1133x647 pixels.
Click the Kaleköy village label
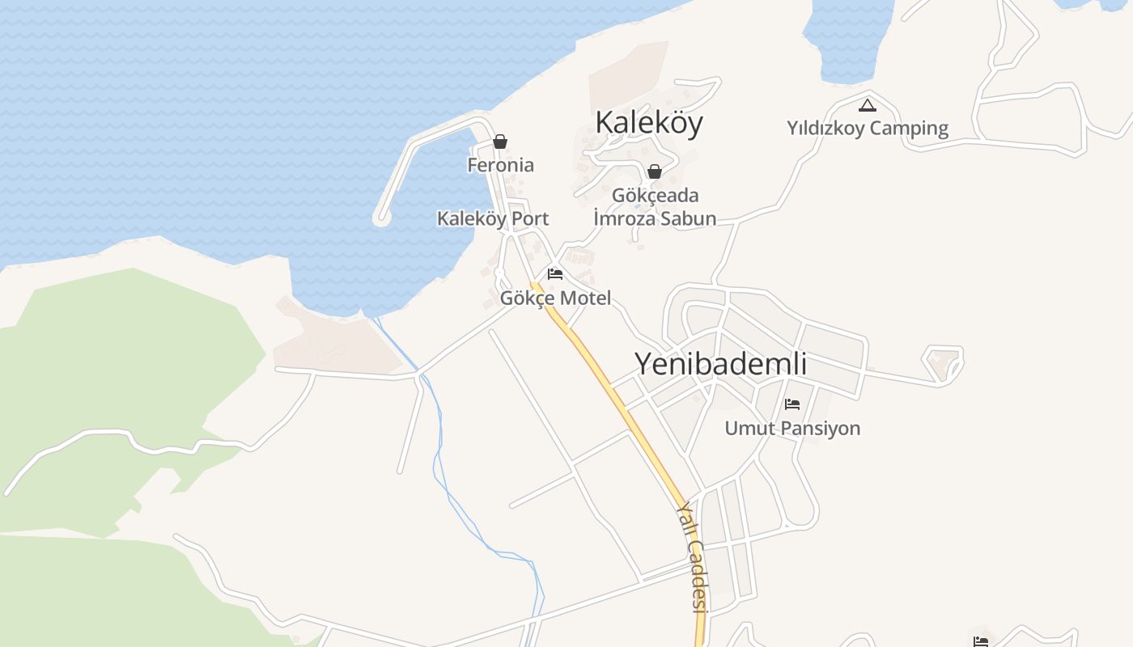pyautogui.click(x=649, y=122)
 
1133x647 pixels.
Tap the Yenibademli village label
pyautogui.click(x=720, y=364)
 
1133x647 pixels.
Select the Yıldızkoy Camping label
pyautogui.click(x=868, y=128)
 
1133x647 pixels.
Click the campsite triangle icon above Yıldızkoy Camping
pyautogui.click(x=868, y=105)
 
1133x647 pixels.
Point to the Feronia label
pyautogui.click(x=500, y=165)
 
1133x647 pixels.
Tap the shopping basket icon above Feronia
pyautogui.click(x=500, y=142)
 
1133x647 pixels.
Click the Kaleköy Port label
pyautogui.click(x=492, y=218)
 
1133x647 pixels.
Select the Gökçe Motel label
pyautogui.click(x=555, y=298)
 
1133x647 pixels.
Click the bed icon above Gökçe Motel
pyautogui.click(x=555, y=274)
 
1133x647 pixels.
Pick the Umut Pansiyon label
pyautogui.click(x=792, y=428)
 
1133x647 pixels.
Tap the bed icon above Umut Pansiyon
pyautogui.click(x=792, y=404)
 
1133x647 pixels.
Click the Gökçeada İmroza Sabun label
pyautogui.click(x=655, y=207)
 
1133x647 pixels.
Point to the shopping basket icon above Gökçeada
pyautogui.click(x=655, y=171)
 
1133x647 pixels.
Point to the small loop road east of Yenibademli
pyautogui.click(x=945, y=364)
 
